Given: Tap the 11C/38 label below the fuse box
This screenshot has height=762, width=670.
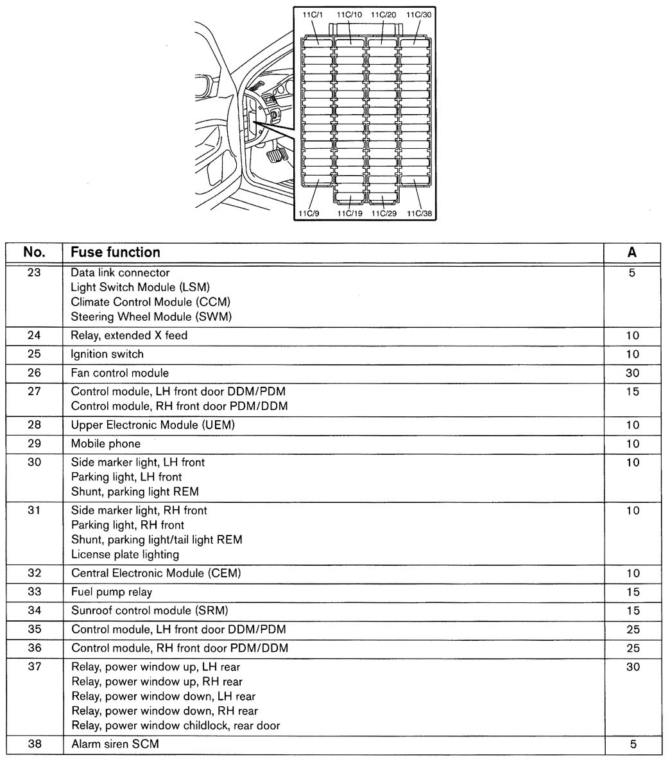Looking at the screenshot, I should pos(419,214).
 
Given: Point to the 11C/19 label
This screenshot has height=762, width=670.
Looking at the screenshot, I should pos(349,214).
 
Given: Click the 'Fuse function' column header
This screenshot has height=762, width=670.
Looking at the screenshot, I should pos(116,252).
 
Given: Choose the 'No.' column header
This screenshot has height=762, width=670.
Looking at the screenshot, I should pos(34,252).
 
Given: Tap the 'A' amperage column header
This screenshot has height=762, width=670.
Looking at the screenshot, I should pos(632,252).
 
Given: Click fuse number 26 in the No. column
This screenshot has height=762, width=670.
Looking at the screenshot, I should pos(34,373).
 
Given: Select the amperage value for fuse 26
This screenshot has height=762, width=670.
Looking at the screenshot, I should pos(632,373).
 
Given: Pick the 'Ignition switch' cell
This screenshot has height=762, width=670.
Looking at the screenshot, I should pos(107,354).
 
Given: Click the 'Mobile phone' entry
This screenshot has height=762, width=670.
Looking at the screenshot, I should pos(105,443).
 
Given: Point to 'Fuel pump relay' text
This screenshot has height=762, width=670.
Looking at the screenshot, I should pos(112,591).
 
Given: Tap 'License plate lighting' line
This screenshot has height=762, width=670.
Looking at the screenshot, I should pos(125,554).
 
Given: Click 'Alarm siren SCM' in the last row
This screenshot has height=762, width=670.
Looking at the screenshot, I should pos(115,744).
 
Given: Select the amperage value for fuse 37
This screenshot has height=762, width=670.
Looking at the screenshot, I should pos(632,667).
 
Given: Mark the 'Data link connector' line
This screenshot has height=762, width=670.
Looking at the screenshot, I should pos(120,273).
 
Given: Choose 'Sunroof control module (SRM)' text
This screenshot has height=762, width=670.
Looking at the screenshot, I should pos(150,610).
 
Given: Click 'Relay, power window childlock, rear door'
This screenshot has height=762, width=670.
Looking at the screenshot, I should pos(175,725).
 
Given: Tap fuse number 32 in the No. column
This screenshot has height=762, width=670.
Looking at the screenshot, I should pos(34,573).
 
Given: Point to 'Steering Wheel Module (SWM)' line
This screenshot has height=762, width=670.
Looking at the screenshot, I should pos(151,316).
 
